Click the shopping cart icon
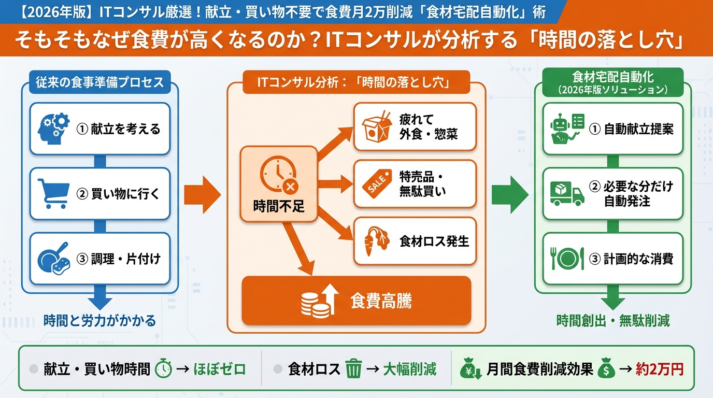54,193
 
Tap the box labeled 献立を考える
99,129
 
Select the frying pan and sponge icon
54,258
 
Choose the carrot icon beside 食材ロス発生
374,241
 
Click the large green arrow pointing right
510,194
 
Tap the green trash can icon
353,369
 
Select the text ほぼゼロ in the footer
219,369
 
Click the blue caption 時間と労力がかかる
99,321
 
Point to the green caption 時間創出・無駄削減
612,321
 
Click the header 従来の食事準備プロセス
99,81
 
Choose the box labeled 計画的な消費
612,258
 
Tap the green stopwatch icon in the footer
164,368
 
